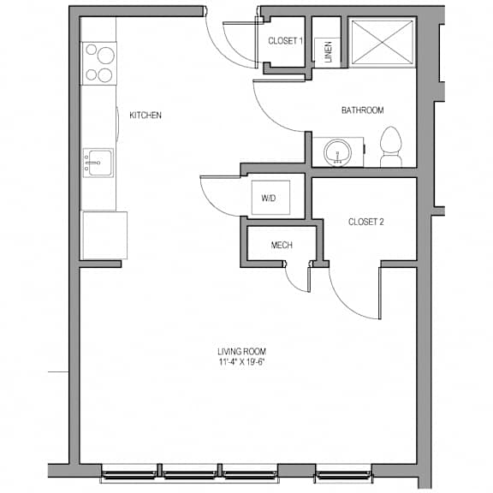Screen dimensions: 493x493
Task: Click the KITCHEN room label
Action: (x=146, y=116)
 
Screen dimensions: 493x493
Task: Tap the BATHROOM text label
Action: (x=363, y=110)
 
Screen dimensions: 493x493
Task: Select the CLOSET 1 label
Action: (x=286, y=41)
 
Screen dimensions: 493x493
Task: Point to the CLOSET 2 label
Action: (x=366, y=222)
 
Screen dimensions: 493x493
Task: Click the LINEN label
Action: (x=328, y=52)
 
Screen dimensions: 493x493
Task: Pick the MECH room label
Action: (x=282, y=245)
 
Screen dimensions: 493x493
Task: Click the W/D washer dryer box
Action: (x=270, y=198)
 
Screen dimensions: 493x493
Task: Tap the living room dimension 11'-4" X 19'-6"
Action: (x=241, y=362)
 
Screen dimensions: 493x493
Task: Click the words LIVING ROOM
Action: (x=241, y=352)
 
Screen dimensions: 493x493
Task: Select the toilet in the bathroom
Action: (x=391, y=146)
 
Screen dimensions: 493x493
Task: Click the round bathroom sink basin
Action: (x=337, y=152)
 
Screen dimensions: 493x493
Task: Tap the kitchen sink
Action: (x=98, y=163)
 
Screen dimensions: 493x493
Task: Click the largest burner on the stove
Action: (x=105, y=56)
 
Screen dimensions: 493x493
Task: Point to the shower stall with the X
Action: (x=382, y=43)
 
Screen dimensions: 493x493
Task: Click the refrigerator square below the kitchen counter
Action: (x=104, y=235)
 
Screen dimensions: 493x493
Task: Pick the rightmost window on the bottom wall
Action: (x=344, y=474)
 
